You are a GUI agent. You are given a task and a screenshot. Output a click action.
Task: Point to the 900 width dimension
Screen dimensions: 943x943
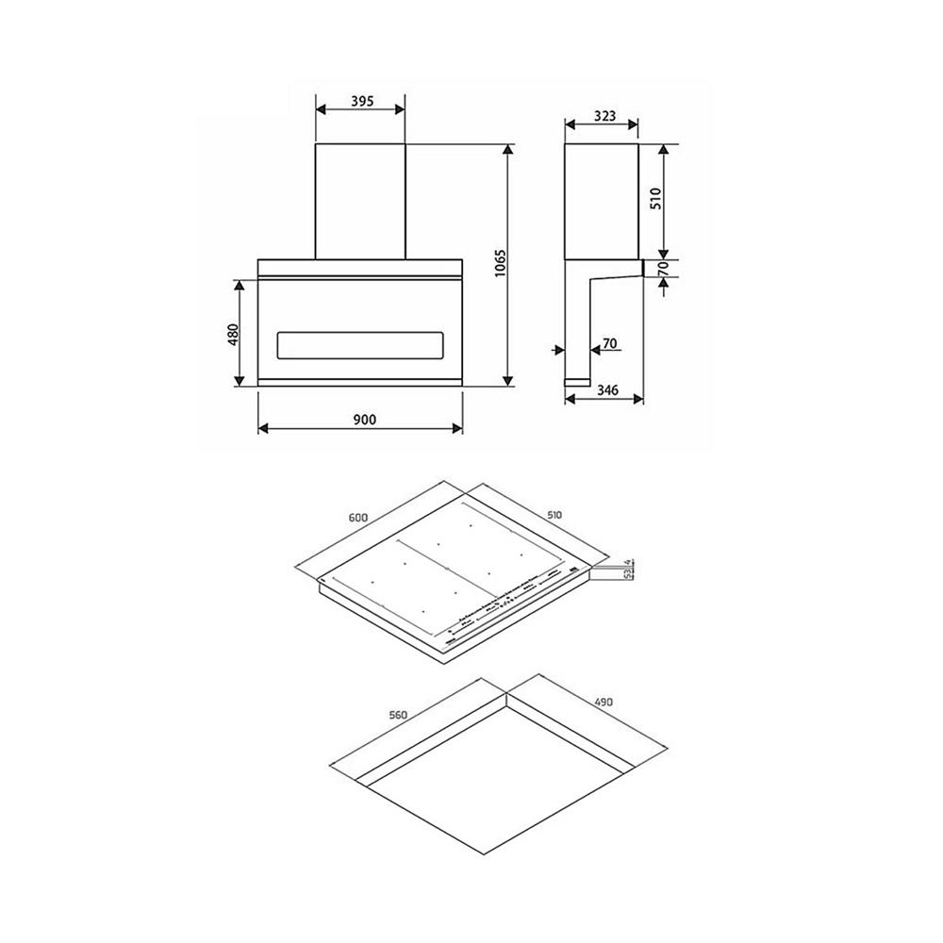pos(360,421)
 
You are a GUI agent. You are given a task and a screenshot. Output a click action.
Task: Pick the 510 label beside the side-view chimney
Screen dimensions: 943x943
pos(658,198)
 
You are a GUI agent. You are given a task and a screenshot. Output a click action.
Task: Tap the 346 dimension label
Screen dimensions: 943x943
pos(605,389)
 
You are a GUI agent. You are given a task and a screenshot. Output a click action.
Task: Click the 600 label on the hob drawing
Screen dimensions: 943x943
pos(357,517)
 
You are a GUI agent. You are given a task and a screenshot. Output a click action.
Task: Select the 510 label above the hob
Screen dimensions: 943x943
pos(554,515)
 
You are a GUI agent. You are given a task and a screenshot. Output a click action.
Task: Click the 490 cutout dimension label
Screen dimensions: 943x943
pos(604,703)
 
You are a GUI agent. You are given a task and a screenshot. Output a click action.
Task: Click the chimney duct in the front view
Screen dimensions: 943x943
pos(360,201)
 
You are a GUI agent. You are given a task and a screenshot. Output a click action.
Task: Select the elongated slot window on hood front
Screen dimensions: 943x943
pos(359,345)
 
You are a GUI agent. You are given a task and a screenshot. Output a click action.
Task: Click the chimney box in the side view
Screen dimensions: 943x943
pos(602,201)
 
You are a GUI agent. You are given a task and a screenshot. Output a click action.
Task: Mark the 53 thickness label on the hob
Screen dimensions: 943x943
pos(626,574)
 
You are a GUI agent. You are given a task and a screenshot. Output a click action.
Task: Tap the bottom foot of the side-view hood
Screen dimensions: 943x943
pos(577,381)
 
